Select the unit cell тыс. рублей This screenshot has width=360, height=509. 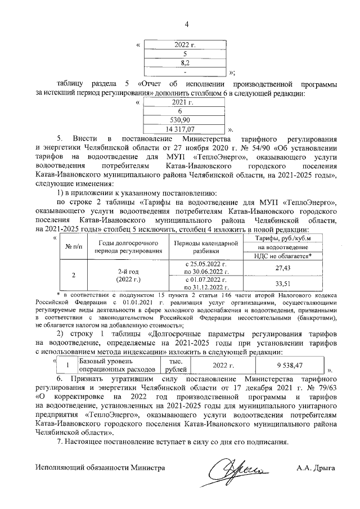click(x=170, y=365)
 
